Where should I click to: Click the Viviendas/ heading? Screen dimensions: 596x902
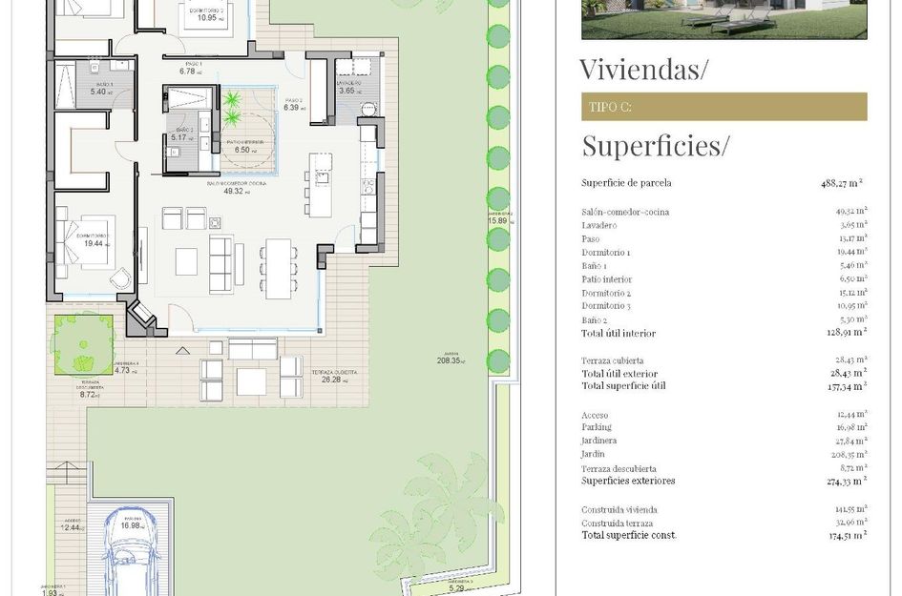(x=643, y=70)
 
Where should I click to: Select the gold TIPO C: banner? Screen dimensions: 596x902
(x=724, y=107)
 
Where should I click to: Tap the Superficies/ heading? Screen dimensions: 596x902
(x=655, y=146)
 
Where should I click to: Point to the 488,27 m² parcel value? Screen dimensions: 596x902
(x=844, y=182)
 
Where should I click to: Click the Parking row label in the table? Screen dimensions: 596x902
(x=598, y=427)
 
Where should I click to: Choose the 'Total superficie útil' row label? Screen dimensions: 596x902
(x=623, y=385)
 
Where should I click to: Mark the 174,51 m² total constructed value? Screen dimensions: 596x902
(x=844, y=535)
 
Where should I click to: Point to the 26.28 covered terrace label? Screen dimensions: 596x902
(x=331, y=380)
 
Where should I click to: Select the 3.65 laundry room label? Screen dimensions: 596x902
(x=349, y=90)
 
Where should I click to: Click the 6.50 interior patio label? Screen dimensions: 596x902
(x=245, y=150)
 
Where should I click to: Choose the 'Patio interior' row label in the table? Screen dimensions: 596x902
(x=606, y=279)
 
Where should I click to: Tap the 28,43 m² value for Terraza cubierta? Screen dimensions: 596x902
(x=846, y=360)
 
